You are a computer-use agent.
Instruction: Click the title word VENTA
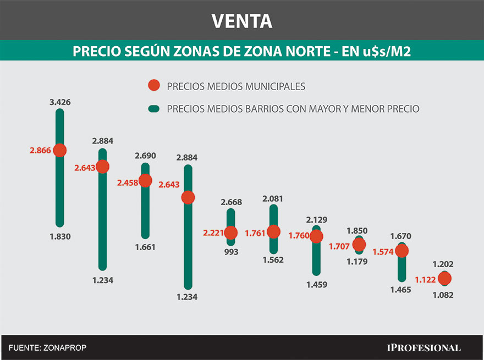tap(241, 21)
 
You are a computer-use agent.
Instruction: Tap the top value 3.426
tap(59, 102)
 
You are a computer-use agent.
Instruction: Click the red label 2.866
tap(40, 151)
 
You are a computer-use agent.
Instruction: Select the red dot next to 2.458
tap(145, 180)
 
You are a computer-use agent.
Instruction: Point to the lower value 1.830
tap(60, 237)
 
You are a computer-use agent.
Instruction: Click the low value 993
tap(230, 252)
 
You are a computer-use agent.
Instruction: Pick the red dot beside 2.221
tap(230, 233)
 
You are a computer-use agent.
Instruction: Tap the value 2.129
tap(316, 220)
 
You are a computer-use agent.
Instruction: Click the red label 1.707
tap(339, 246)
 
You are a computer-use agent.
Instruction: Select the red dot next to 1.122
tap(444, 279)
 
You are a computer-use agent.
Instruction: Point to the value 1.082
tap(443, 295)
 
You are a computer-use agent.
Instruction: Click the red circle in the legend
tap(154, 86)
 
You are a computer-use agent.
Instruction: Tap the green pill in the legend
tap(154, 109)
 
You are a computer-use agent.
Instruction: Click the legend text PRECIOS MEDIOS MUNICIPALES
tap(236, 86)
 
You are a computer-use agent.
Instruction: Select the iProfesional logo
tap(424, 347)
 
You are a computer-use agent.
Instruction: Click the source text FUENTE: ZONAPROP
tap(47, 347)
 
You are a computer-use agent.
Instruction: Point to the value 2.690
tap(145, 156)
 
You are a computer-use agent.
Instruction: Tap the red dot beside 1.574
tap(402, 251)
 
